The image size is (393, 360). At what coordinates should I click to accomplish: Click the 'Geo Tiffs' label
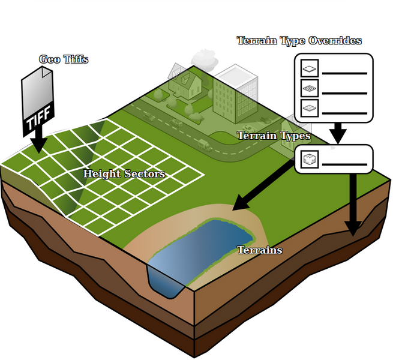tap(64, 59)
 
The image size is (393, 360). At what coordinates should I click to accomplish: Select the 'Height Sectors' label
tap(124, 174)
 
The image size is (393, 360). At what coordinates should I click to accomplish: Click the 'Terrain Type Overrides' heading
tap(299, 41)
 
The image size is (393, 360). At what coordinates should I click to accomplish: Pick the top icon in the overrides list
tap(309, 68)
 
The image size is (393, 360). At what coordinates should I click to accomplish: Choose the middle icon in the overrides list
tap(309, 89)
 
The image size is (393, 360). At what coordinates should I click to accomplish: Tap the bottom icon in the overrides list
tap(309, 108)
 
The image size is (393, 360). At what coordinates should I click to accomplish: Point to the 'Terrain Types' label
tap(274, 136)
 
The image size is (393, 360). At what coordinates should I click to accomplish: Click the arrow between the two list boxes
tap(338, 132)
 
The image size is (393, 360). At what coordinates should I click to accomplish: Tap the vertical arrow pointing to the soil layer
tap(353, 204)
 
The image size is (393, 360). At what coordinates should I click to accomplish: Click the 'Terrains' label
tap(259, 250)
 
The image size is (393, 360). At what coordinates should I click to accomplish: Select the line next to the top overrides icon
tap(344, 73)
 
